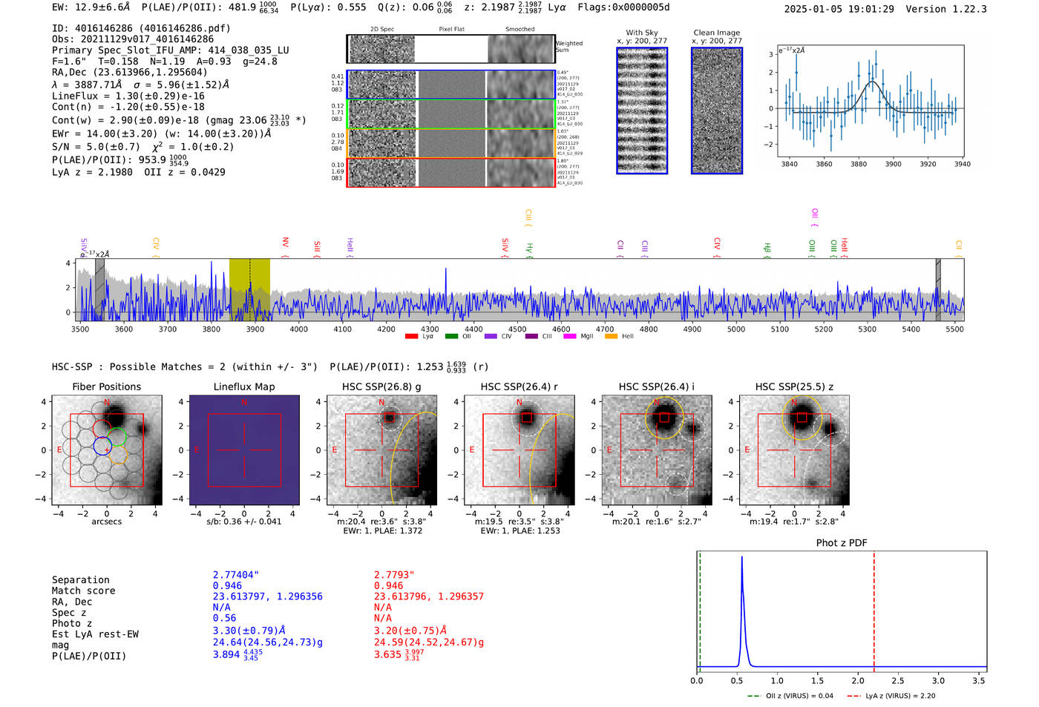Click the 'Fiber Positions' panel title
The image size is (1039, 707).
[106, 387]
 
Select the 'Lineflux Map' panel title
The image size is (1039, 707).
[244, 387]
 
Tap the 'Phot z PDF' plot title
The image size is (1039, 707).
[841, 543]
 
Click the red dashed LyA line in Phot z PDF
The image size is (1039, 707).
[874, 608]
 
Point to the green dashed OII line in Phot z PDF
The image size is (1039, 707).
[700, 608]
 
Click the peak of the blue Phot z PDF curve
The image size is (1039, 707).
[741, 558]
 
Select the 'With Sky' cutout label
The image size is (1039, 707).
[642, 33]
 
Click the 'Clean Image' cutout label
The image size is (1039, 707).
[716, 33]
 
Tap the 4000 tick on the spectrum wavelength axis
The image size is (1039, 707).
[298, 329]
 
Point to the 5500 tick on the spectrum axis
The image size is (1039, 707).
[954, 329]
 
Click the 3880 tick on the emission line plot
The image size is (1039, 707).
[859, 164]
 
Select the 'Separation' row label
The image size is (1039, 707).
[80, 580]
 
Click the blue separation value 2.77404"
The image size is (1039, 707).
[236, 575]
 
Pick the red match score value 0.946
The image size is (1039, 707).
[388, 586]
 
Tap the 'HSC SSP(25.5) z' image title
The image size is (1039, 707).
[794, 387]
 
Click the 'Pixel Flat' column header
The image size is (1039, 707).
[451, 30]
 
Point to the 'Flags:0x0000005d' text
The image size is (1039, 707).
[623, 7]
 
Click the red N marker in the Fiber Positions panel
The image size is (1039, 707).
[107, 403]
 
